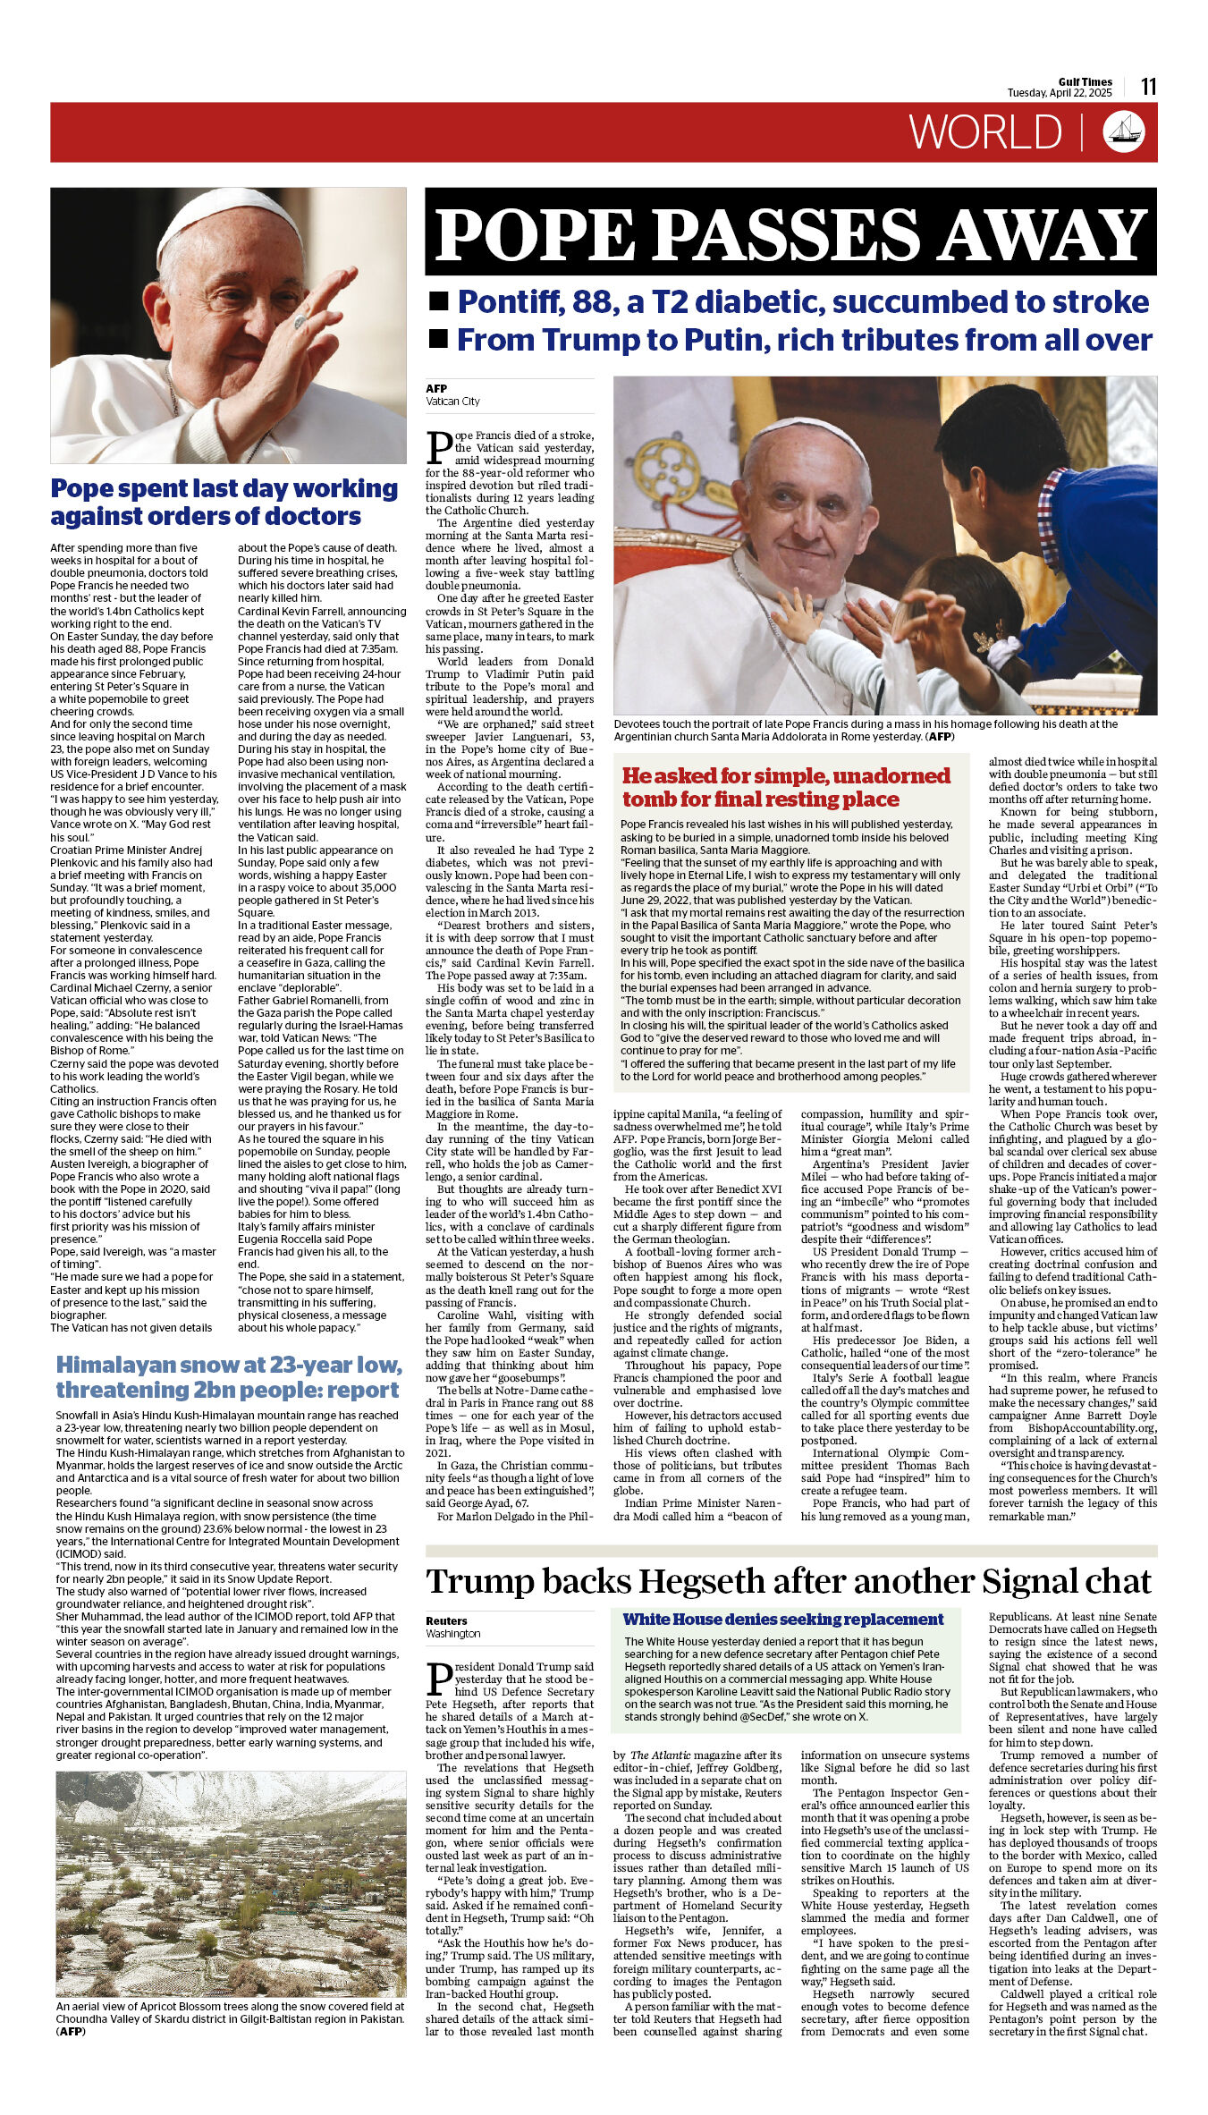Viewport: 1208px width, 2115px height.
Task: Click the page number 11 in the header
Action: pyautogui.click(x=1148, y=86)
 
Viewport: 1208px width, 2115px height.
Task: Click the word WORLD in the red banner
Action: pyautogui.click(x=985, y=132)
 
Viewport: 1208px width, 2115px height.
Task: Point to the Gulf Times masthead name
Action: pyautogui.click(x=1085, y=81)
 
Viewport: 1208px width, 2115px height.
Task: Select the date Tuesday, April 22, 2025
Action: pyautogui.click(x=1060, y=93)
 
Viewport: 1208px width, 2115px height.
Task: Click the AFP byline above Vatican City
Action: pyautogui.click(x=436, y=388)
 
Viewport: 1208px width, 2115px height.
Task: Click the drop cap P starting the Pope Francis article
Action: pyautogui.click(x=438, y=446)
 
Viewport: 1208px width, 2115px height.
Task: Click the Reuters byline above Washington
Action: pyautogui.click(x=446, y=1620)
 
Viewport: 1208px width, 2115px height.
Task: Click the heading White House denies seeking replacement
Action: pyautogui.click(x=783, y=1619)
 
